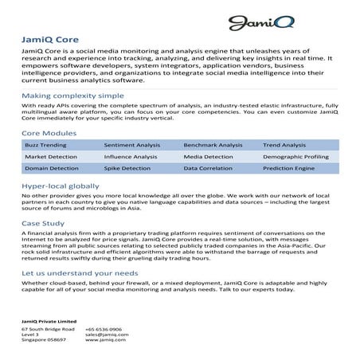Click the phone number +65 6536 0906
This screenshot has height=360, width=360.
coord(104,328)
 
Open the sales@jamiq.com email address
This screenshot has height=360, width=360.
coord(106,335)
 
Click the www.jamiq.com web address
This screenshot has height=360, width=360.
coord(105,341)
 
